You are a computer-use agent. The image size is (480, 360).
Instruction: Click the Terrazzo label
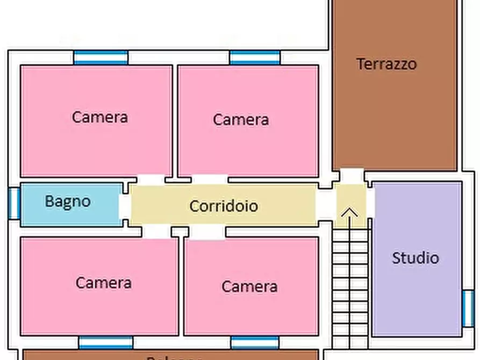point(386,64)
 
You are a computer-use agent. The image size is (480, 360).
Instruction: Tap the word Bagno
point(68,201)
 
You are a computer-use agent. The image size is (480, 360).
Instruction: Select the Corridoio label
point(224,206)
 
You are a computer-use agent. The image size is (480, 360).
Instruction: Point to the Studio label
point(415,258)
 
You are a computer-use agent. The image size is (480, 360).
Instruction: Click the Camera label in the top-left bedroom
point(100,117)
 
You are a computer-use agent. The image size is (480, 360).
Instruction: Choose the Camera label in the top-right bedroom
point(241,119)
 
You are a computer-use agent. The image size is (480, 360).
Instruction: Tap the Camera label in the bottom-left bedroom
point(104,283)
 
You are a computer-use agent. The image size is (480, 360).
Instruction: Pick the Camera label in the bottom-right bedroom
point(250,286)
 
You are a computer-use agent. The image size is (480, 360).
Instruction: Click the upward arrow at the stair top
point(350,213)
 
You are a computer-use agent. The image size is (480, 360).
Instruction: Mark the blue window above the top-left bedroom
point(101,57)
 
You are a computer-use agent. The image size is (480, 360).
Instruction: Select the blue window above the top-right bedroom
point(255,57)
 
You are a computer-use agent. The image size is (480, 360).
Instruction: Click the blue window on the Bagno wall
point(15,203)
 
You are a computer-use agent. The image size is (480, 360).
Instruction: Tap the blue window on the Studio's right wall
point(468,308)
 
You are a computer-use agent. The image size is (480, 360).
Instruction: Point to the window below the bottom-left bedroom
point(106,342)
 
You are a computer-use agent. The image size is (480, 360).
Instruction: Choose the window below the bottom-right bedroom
point(255,342)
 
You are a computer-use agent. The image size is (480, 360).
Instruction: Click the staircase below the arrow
point(350,285)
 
